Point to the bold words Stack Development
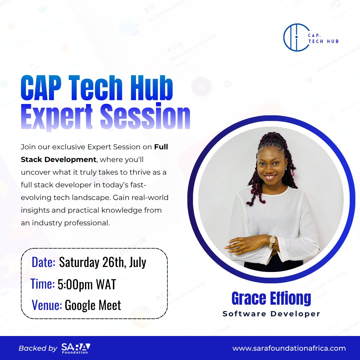coord(58,159)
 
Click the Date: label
coord(43,262)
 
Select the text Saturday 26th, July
coord(103,262)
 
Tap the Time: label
coord(43,284)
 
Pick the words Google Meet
coord(93,305)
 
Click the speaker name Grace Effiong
coord(271,299)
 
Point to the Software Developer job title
coord(271,314)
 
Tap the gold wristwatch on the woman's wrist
coord(272,241)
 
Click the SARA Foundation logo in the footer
coord(76,348)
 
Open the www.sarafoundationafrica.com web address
coord(289,348)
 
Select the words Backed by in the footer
coord(38,348)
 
